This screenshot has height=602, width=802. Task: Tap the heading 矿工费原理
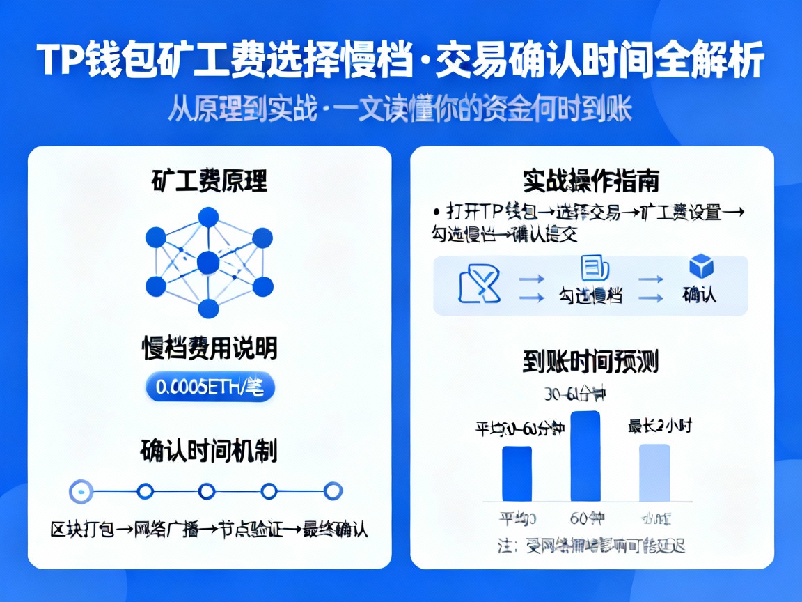[209, 180]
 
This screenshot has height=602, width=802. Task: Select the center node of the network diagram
[208, 263]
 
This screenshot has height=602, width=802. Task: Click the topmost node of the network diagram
[208, 217]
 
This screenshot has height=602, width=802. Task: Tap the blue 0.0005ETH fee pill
[210, 388]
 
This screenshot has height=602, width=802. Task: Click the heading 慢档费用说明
[210, 346]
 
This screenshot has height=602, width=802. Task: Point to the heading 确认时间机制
[209, 450]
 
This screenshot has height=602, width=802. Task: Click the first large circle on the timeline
[81, 491]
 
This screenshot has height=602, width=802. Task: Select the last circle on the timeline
[333, 491]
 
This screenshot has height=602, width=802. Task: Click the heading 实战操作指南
[591, 180]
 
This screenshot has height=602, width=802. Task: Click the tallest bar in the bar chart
[585, 456]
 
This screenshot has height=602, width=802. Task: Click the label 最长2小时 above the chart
[659, 426]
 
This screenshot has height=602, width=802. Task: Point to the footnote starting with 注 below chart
[591, 545]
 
